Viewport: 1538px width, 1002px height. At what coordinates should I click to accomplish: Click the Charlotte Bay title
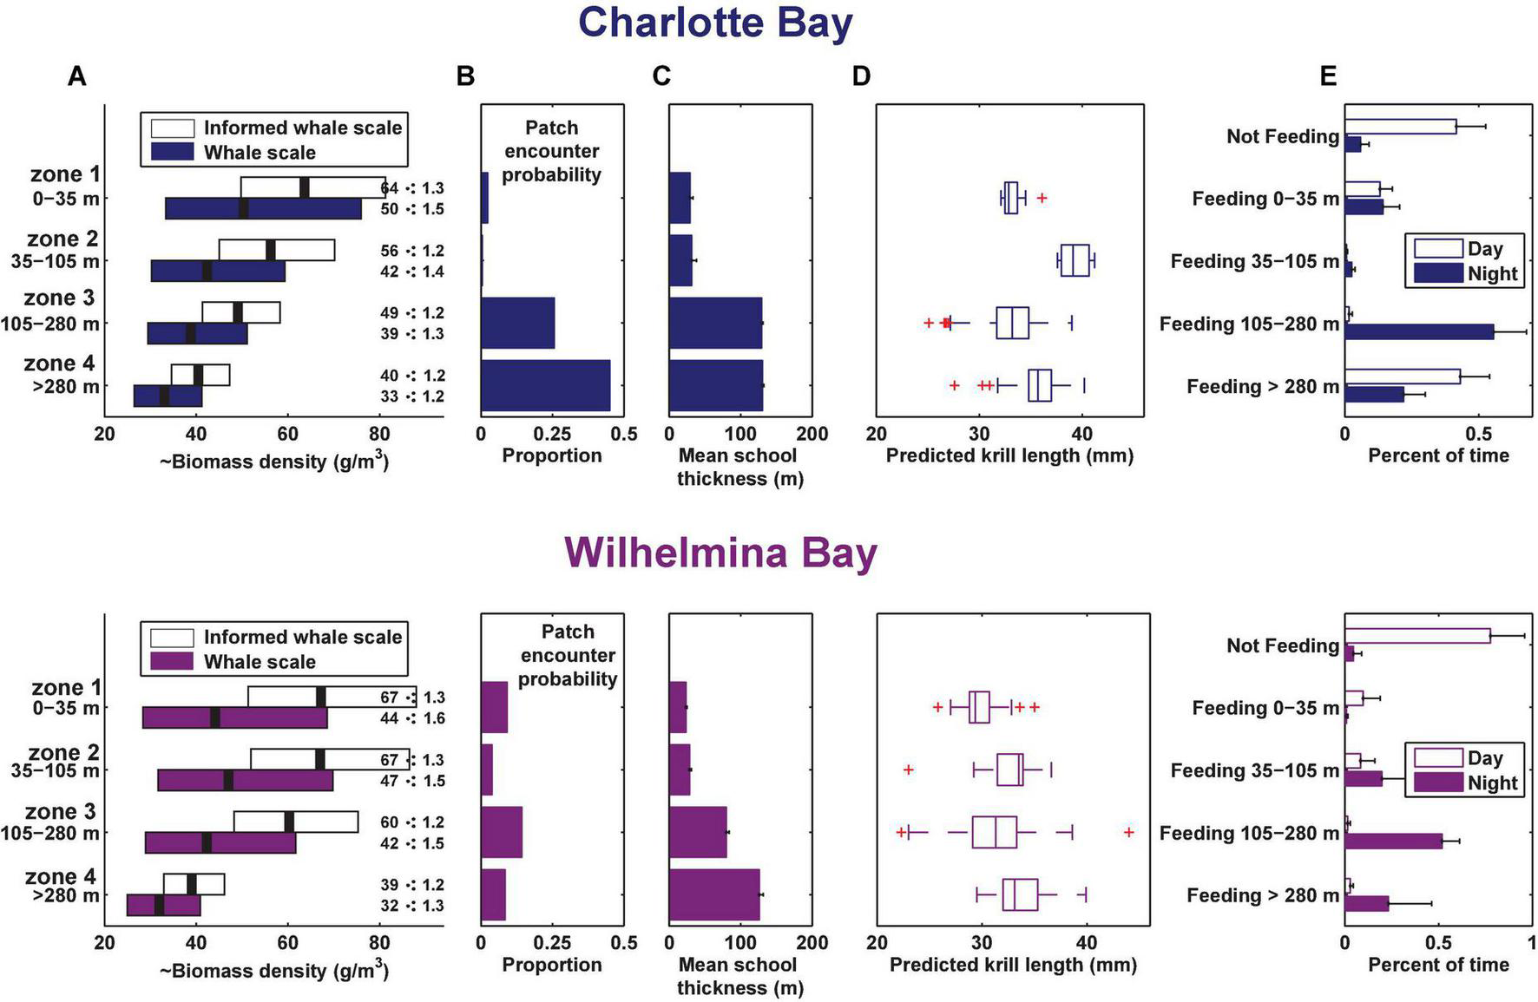(715, 23)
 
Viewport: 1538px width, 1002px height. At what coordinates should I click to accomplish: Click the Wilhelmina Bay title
(720, 553)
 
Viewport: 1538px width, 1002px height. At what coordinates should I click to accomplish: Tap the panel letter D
(860, 76)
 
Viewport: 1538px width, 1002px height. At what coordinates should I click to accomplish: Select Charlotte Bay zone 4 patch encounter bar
(545, 385)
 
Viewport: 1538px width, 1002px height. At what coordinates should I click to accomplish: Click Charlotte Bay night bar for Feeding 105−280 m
(1419, 331)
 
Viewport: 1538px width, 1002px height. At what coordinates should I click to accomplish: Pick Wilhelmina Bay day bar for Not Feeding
(1417, 636)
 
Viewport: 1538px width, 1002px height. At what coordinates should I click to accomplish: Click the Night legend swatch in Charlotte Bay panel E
(1438, 274)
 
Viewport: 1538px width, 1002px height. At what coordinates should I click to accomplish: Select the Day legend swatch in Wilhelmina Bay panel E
(1438, 758)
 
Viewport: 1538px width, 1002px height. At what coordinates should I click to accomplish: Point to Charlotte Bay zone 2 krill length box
(1075, 261)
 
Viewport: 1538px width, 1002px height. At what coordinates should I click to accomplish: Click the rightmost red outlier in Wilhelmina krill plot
(1128, 832)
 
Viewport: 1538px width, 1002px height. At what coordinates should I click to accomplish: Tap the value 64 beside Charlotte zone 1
(389, 188)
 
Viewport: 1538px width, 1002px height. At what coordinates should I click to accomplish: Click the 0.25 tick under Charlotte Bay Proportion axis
(552, 434)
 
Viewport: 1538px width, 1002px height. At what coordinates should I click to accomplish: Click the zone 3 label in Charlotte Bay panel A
(59, 298)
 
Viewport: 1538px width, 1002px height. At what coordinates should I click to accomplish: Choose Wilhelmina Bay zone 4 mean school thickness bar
(714, 894)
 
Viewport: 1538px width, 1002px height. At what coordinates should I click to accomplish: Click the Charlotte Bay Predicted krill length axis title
(1009, 455)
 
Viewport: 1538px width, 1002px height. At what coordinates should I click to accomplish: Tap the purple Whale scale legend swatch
(172, 661)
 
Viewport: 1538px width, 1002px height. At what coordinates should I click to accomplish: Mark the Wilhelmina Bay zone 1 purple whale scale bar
(234, 717)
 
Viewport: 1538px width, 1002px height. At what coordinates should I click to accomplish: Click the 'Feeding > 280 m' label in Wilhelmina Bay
(1263, 895)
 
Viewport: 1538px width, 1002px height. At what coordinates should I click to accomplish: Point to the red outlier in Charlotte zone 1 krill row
(1042, 199)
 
